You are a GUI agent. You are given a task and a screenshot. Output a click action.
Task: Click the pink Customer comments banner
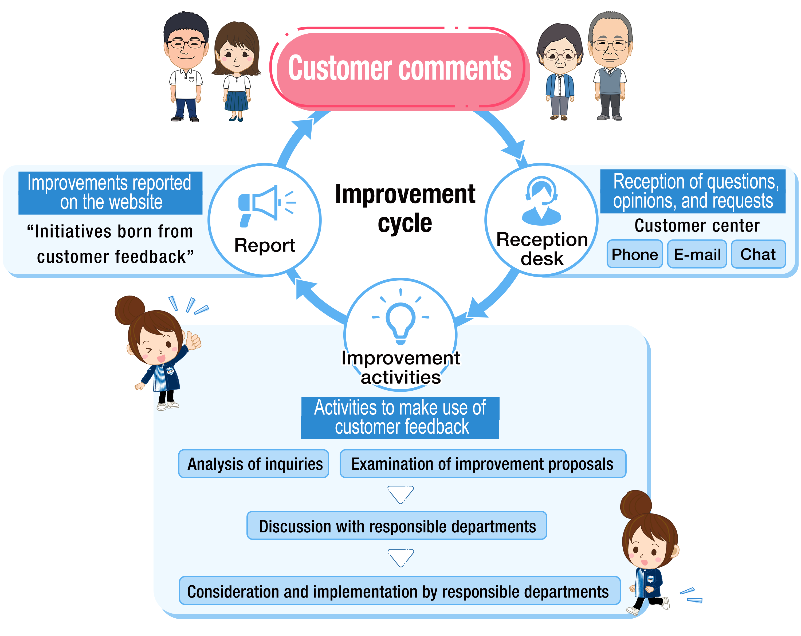tap(400, 69)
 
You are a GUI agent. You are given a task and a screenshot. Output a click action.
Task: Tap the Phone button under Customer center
tap(635, 254)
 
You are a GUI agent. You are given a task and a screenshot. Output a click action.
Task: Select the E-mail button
tap(697, 254)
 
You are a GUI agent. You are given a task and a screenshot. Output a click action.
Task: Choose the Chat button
tap(758, 254)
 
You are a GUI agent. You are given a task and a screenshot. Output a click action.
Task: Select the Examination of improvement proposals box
tap(483, 464)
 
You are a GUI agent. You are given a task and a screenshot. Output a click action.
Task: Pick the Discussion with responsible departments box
tap(396, 526)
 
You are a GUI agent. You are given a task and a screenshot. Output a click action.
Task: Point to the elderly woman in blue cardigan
tap(560, 70)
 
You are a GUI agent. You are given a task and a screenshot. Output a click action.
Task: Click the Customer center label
tap(697, 226)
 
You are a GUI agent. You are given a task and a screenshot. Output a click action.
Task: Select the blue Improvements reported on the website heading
tap(110, 193)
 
